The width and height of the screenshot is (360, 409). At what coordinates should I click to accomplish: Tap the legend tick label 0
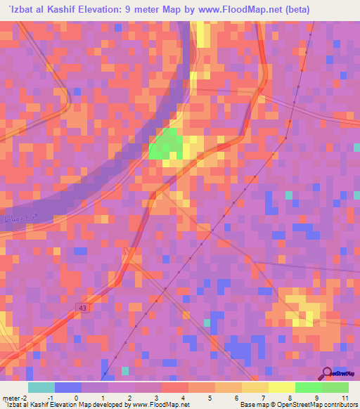77,397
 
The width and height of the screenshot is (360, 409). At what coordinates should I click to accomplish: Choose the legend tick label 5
210,397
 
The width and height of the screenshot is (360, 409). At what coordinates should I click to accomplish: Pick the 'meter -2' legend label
14,397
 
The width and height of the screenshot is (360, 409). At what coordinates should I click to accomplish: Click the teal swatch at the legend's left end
41,387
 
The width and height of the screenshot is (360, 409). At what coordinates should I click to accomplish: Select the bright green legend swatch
308,387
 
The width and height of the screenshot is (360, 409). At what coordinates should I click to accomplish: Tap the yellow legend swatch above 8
281,387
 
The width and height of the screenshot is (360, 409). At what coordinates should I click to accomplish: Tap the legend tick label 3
157,397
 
